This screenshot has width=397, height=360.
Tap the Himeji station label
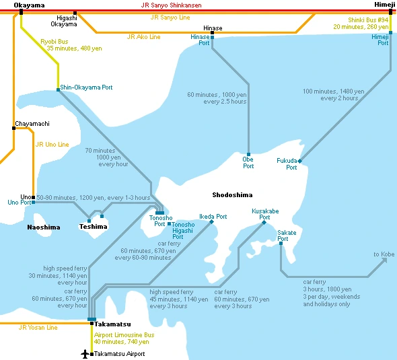(385, 5)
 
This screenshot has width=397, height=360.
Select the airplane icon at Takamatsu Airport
(85, 353)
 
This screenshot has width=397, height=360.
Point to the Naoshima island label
(44, 227)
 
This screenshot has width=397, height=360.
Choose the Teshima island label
(93, 227)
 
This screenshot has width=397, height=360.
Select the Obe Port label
(248, 162)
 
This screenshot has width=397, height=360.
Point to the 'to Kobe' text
(384, 254)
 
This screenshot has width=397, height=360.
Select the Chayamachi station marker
(13, 130)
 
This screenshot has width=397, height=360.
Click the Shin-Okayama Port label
(86, 87)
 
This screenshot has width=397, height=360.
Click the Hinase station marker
(212, 32)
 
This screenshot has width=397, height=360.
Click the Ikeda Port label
(213, 217)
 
